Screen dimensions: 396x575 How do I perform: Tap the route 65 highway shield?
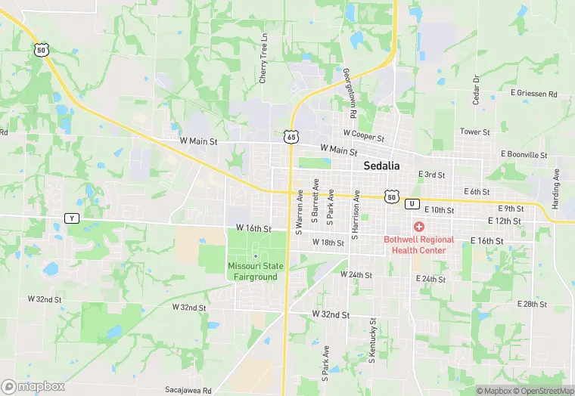pos(291,136)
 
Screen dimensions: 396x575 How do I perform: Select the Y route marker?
pos(71,218)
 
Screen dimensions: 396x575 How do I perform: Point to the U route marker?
pos(412,203)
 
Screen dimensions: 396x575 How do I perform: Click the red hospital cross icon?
pos(418,227)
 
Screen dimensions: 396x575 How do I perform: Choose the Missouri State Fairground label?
pos(253,271)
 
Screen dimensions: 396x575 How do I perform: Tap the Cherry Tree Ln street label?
pos(264,59)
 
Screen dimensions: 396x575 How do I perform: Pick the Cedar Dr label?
pos(477,89)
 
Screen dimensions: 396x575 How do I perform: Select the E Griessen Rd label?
pos(533,94)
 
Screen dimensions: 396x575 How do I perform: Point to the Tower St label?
pos(475,131)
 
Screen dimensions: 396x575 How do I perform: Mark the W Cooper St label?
pos(363,138)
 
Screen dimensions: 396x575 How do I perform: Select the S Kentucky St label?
pos(373,339)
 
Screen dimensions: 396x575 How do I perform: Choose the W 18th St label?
pos(322,243)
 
